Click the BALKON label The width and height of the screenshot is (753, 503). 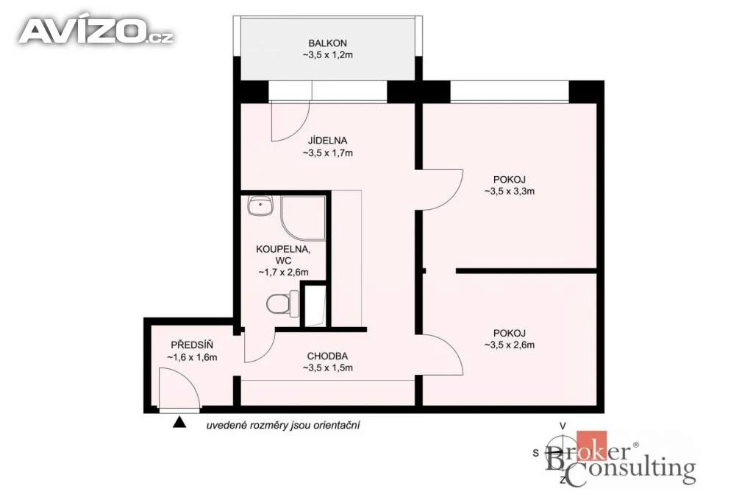coord(327,43)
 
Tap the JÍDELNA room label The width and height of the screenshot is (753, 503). coord(327,141)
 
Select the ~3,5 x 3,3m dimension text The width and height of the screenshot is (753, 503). coord(510,191)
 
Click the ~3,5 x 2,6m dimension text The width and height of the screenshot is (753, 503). coord(510,345)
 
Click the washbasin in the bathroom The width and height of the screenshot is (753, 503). coord(260,205)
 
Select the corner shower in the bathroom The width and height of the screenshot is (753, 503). coord(303,218)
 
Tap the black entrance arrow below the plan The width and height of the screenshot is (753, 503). coord(179,422)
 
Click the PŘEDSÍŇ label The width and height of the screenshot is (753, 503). coord(192,345)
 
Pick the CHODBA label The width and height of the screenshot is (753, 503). coord(327,356)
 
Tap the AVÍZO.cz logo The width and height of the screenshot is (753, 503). coord(96,32)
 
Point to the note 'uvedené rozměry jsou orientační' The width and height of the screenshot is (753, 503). coord(283,426)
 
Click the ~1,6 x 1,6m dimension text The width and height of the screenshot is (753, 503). coord(192,357)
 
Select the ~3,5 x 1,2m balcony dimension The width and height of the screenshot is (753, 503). coord(327,54)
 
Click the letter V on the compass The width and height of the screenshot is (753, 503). coord(563,426)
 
